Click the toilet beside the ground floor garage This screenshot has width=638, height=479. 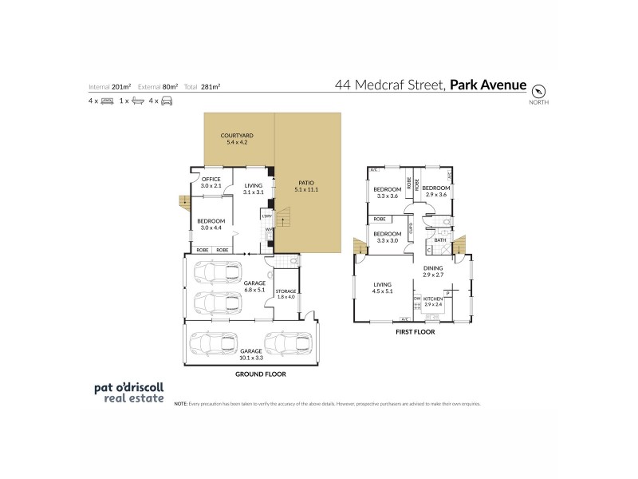[293, 261]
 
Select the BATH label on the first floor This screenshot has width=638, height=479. [439, 239]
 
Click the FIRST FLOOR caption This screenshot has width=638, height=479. [415, 331]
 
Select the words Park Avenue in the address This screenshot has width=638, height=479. [488, 84]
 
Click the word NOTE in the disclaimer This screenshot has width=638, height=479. [181, 404]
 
